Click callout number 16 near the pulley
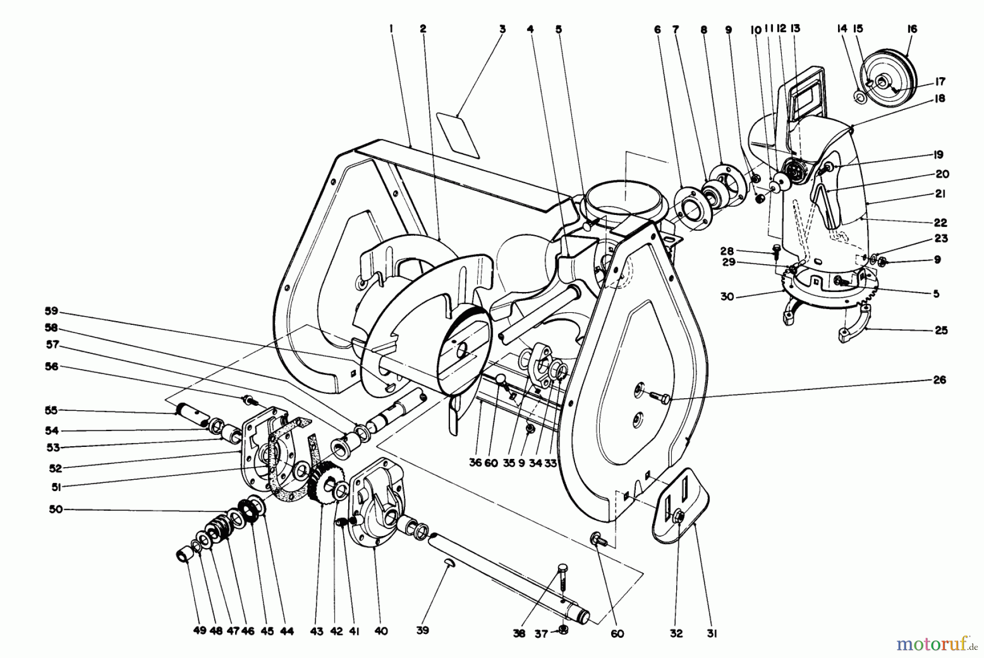click(911, 29)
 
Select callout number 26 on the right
click(939, 380)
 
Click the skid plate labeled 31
click(683, 506)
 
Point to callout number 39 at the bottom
click(422, 630)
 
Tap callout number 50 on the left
click(56, 509)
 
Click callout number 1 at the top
click(391, 30)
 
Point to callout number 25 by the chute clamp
click(941, 330)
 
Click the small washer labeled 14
click(859, 97)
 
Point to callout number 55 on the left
click(51, 410)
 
